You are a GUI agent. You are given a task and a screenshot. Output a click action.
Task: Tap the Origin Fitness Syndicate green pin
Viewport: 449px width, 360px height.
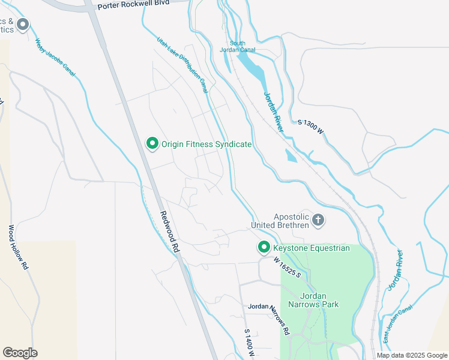pyautogui.click(x=152, y=143)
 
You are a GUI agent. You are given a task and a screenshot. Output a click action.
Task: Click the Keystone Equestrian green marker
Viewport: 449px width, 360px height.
pyautogui.click(x=264, y=247)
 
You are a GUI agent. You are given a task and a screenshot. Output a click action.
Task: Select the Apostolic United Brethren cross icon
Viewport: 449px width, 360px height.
pyautogui.click(x=318, y=220)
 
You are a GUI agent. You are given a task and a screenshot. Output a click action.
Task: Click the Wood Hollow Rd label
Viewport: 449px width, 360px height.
pyautogui.click(x=18, y=247)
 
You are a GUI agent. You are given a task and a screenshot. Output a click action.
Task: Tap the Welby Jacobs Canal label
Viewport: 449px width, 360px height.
pyautogui.click(x=55, y=57)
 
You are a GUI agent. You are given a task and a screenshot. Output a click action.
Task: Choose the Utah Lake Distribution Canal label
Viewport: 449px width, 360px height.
pyautogui.click(x=182, y=64)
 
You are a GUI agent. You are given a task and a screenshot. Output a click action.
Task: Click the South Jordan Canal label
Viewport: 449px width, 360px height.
pyautogui.click(x=242, y=46)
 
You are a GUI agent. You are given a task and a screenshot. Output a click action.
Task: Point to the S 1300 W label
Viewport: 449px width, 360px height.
pyautogui.click(x=310, y=127)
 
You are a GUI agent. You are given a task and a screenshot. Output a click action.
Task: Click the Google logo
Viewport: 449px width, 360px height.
pyautogui.click(x=20, y=353)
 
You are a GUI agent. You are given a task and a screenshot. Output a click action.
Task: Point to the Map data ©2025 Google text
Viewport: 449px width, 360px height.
pyautogui.click(x=412, y=355)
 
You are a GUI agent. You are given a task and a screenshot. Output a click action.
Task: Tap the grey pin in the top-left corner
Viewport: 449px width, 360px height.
pyautogui.click(x=23, y=25)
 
